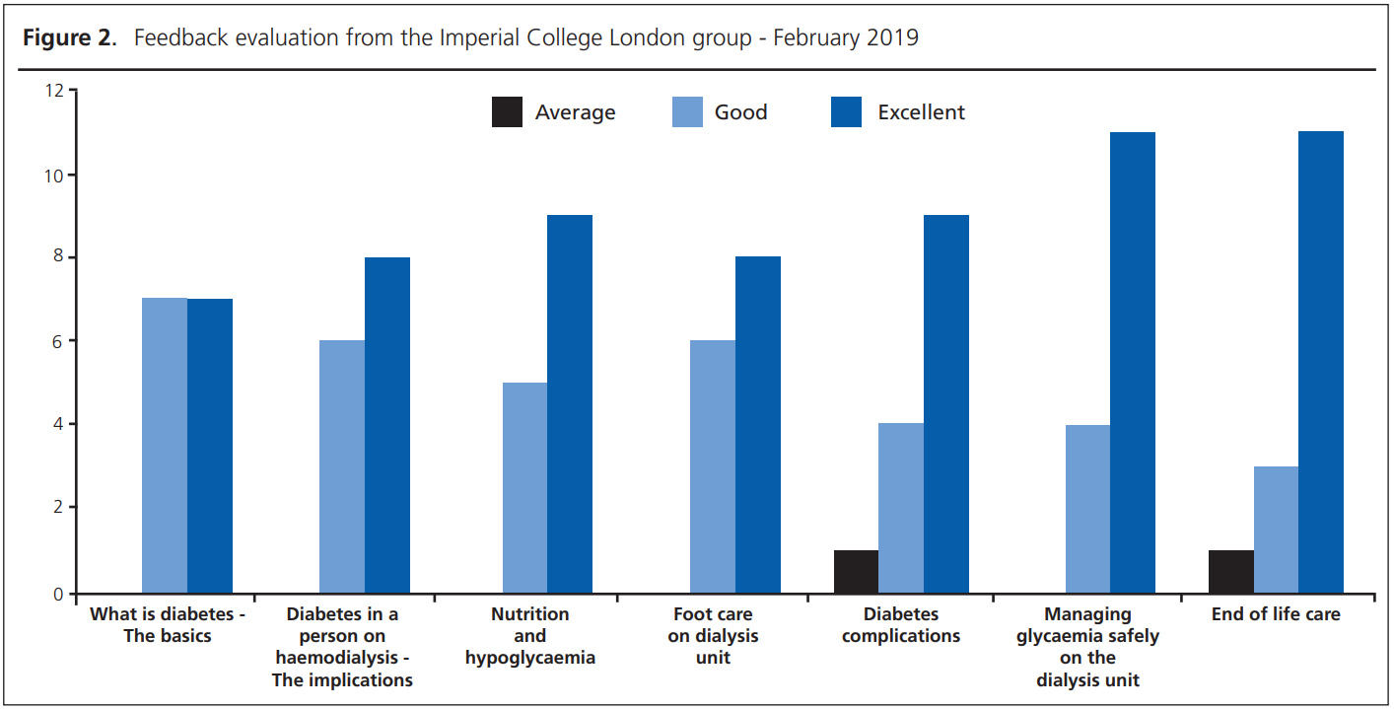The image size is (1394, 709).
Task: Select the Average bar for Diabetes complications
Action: [x=856, y=572]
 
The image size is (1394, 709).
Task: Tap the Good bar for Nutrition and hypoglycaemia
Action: [x=524, y=488]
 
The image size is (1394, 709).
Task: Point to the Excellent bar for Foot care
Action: [x=758, y=425]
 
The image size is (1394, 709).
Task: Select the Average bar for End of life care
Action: [x=1231, y=572]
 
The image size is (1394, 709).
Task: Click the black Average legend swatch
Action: [x=507, y=112]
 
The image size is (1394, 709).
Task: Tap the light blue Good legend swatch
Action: [x=687, y=112]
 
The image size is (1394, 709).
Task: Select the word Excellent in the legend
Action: [x=921, y=112]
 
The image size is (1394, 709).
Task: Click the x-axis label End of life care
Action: [x=1276, y=614]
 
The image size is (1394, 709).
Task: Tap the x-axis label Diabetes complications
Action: [x=900, y=625]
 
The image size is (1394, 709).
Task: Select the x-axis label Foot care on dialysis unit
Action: [x=713, y=636]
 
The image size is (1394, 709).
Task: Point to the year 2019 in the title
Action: [x=895, y=38]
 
